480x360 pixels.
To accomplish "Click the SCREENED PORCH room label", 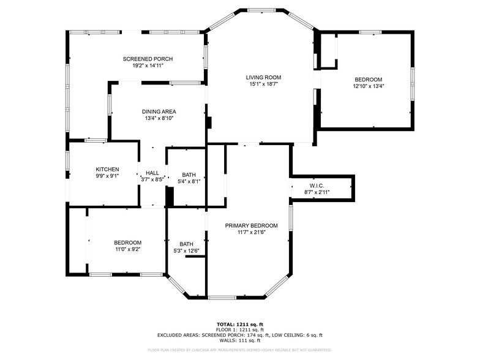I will point(148,59).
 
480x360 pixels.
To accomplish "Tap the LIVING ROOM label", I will point(263,77).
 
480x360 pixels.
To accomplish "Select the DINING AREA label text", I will point(159,111).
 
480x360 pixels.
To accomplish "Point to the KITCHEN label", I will point(107,170).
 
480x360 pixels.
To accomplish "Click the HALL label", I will point(152,173).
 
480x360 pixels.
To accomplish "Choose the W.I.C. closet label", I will point(317,186).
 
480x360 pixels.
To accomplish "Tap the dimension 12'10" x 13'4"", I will point(368,86).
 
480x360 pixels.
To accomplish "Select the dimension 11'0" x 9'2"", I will point(127,249).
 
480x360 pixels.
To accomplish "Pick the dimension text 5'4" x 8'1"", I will point(189,181).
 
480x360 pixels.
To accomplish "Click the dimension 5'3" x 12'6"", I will point(186,250).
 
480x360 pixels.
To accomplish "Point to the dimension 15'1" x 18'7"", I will point(263,84).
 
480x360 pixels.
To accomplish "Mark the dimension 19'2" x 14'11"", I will point(148,66).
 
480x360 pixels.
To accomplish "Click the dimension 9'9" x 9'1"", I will point(107,176).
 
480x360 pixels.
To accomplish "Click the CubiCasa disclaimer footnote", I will point(239,350).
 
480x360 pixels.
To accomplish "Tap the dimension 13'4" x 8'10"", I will point(159,118).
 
